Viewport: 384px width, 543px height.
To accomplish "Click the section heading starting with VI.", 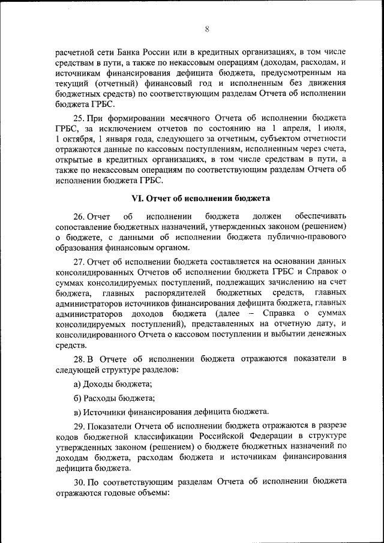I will click(201, 198).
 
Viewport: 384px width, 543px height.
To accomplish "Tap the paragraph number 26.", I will click(79, 215).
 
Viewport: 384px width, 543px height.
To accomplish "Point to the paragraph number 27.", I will click(79, 262).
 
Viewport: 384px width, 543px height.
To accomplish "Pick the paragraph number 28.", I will click(79, 359).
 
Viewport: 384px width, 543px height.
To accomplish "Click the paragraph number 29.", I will click(79, 425).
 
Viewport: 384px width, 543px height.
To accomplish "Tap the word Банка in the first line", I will click(139, 53).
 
